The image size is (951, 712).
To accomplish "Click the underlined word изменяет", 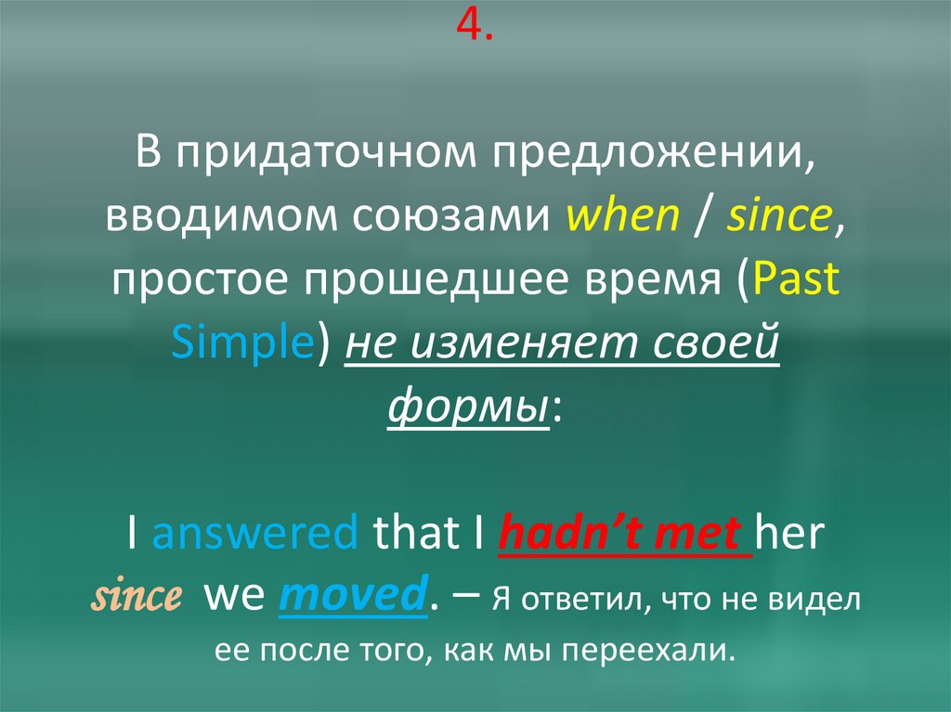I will (522, 344).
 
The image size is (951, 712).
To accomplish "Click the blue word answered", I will (254, 536).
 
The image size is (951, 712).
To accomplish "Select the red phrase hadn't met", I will (626, 536).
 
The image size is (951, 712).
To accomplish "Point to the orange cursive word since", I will (135, 599).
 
